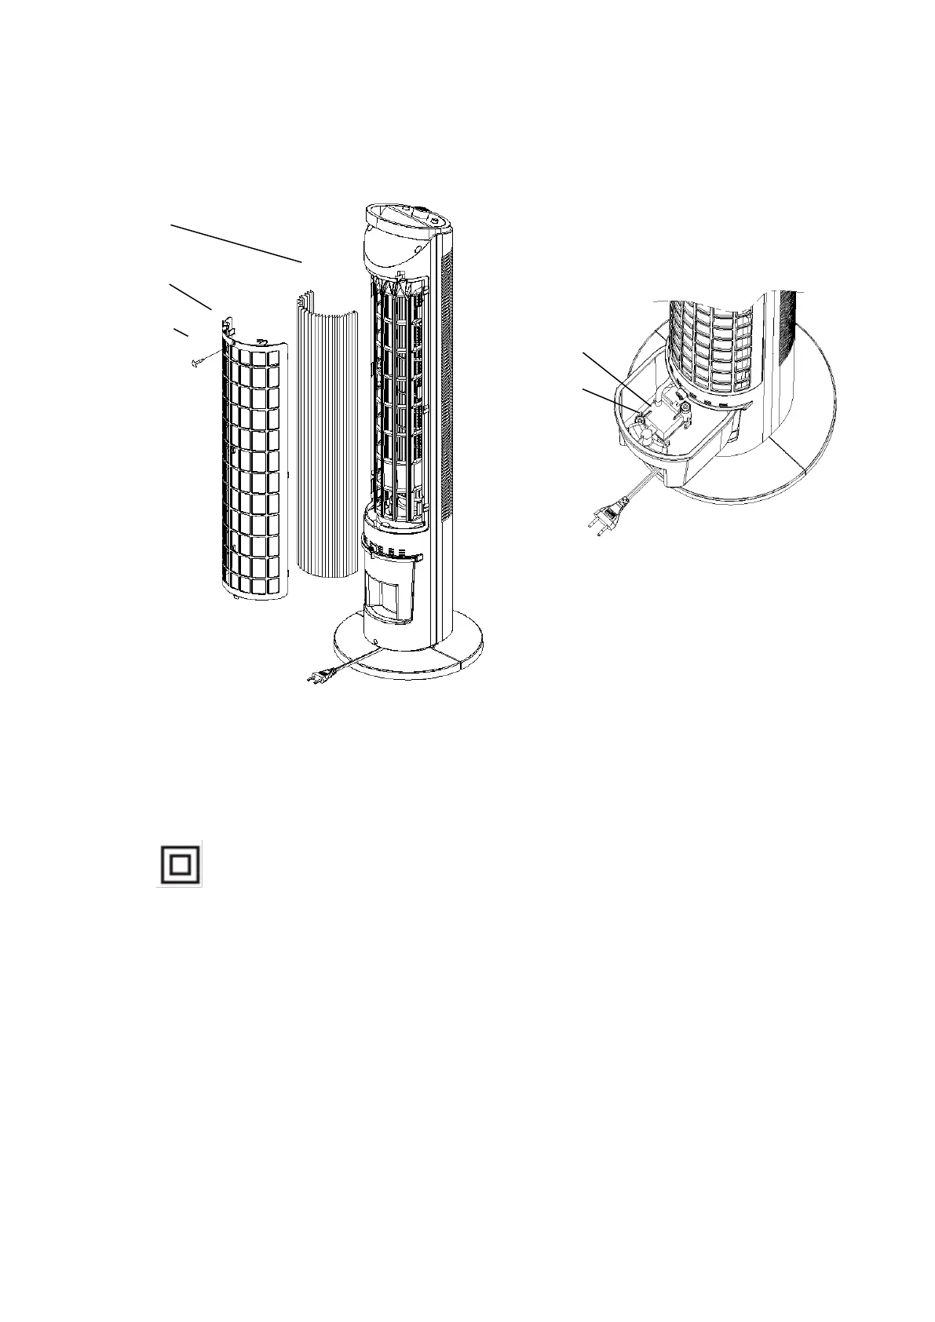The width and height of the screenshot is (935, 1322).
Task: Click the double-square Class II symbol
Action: (x=179, y=864)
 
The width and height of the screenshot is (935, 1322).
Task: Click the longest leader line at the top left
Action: (x=236, y=243)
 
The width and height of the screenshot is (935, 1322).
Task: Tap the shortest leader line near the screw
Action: (x=181, y=333)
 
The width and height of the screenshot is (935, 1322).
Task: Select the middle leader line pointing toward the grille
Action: (x=191, y=296)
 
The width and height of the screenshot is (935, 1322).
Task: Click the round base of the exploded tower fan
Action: (x=408, y=648)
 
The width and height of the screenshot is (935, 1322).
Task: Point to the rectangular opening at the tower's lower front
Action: (x=391, y=593)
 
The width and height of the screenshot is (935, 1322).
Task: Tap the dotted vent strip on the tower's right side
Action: (x=449, y=393)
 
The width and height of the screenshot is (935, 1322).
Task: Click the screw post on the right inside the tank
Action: (x=686, y=407)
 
